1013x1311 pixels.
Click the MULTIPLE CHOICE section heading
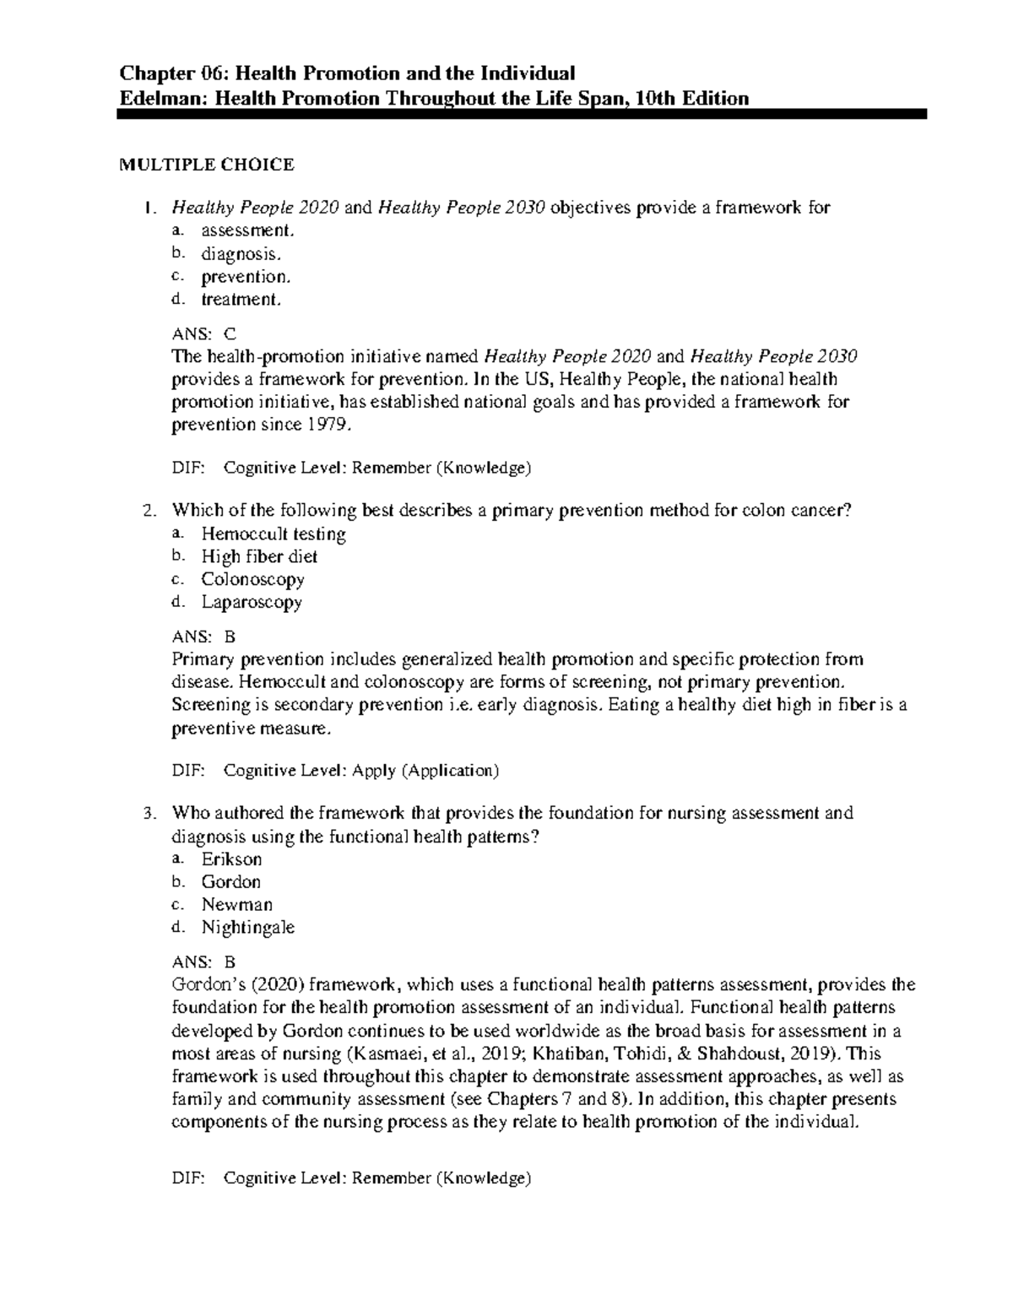coord(206,165)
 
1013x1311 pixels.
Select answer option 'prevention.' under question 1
coord(245,277)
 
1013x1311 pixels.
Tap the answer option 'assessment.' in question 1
coord(248,230)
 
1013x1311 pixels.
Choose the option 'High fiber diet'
coord(259,557)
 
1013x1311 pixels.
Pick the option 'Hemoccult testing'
coord(273,534)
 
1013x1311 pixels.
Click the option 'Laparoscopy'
coord(251,603)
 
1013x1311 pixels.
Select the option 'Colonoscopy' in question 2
coord(252,580)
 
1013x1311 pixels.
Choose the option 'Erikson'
coord(231,859)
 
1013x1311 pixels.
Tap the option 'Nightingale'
coord(247,928)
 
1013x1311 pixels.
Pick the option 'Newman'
coord(236,905)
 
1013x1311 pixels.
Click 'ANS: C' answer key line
coord(204,333)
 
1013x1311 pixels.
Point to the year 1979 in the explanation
coord(326,425)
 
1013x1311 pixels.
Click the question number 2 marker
coord(149,512)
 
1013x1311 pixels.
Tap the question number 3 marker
coord(149,814)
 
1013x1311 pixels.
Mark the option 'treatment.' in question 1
coord(240,300)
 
